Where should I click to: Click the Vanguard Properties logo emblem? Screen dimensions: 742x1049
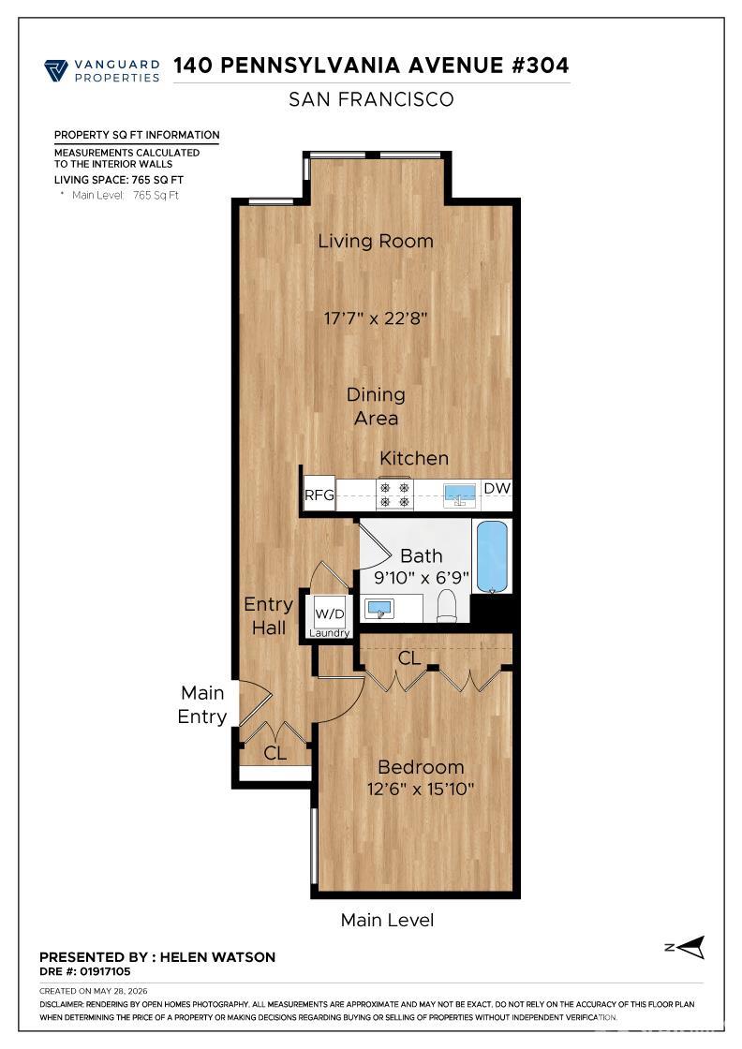click(56, 70)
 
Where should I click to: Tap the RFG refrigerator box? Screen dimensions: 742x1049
click(319, 494)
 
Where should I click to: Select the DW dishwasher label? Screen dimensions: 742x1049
click(497, 488)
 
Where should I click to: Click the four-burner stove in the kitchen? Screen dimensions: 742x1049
click(394, 495)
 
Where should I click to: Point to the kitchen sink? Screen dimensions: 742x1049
click(460, 494)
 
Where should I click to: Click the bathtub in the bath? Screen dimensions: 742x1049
click(492, 556)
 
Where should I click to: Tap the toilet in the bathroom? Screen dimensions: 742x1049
click(446, 607)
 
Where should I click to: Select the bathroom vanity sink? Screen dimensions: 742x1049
click(380, 609)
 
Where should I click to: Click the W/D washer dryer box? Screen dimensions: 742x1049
click(329, 613)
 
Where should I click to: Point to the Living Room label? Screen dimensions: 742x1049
click(376, 241)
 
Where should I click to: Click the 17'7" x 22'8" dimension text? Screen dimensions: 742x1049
click(376, 318)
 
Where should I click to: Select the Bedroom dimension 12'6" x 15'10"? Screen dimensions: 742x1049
click(420, 789)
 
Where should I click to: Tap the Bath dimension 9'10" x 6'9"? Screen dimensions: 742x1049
click(422, 577)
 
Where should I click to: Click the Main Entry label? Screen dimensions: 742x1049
click(202, 704)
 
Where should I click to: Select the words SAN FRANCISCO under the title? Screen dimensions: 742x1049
click(371, 99)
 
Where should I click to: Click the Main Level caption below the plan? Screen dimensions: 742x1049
click(387, 920)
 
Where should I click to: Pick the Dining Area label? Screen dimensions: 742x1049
click(376, 406)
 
